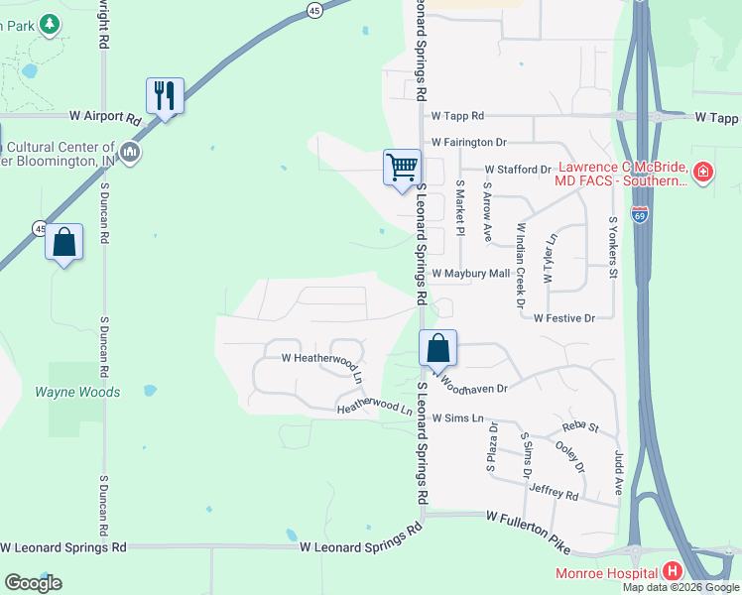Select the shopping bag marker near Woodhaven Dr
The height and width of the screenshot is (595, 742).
point(437,348)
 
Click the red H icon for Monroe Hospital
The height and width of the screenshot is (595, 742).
point(673,571)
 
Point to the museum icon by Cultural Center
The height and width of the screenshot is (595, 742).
point(130,153)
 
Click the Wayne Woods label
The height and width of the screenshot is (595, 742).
point(77,392)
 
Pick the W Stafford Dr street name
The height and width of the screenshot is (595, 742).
point(517,170)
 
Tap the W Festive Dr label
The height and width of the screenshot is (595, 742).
point(563,318)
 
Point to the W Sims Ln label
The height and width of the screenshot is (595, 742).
point(462,419)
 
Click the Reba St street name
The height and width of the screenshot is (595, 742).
point(581,427)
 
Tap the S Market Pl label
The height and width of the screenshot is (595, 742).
point(459,208)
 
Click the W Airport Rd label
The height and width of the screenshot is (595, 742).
point(106,117)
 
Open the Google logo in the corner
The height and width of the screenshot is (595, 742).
point(33,583)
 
